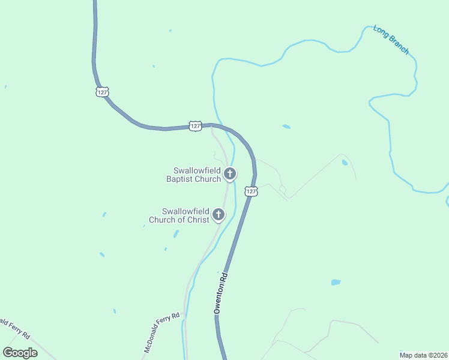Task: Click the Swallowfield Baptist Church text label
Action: pyautogui.click(x=193, y=175)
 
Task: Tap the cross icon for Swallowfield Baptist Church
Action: pyautogui.click(x=229, y=174)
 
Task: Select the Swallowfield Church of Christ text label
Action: pyautogui.click(x=185, y=215)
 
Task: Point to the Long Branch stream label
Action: pyautogui.click(x=391, y=40)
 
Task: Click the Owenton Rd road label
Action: pyautogui.click(x=221, y=294)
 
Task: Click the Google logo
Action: pyautogui.click(x=20, y=353)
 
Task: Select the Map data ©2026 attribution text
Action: pyautogui.click(x=424, y=355)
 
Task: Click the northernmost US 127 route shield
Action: pyautogui.click(x=102, y=91)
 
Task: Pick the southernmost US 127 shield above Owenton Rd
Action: pyautogui.click(x=251, y=191)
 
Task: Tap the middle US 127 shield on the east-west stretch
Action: pyautogui.click(x=194, y=125)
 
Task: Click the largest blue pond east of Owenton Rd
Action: pyautogui.click(x=336, y=282)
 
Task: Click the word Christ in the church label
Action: pyautogui.click(x=199, y=220)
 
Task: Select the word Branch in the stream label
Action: pyautogui.click(x=398, y=45)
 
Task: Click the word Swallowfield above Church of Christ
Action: pyautogui.click(x=185, y=211)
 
